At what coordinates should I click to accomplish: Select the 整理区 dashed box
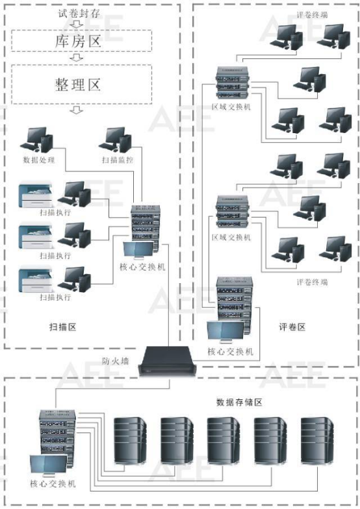point(77,84)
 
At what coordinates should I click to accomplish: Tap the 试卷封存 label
point(77,12)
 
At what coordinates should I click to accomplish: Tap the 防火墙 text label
point(115,361)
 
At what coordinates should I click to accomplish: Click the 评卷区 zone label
point(292,326)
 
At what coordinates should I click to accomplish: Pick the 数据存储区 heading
point(238,403)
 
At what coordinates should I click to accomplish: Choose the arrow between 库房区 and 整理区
point(77,58)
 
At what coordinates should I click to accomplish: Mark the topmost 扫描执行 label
point(55,213)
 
